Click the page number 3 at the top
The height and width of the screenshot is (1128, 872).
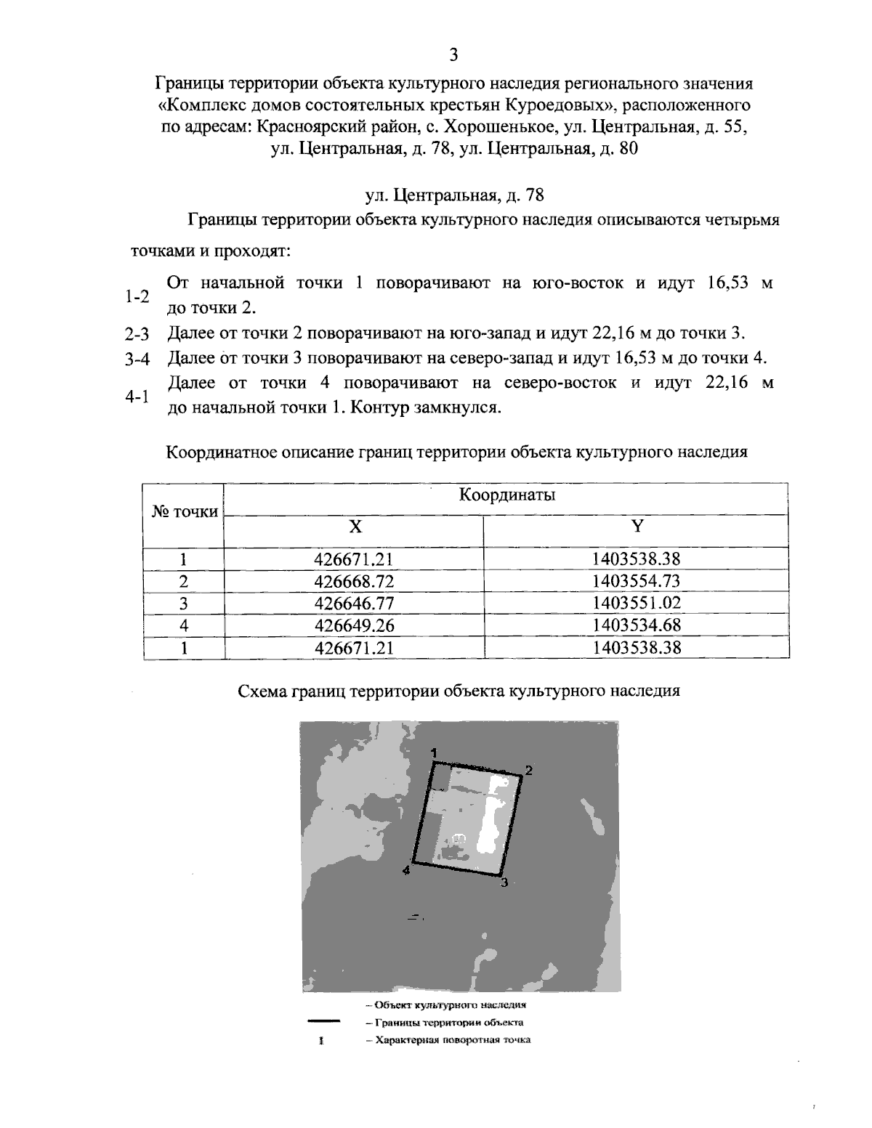pos(453,55)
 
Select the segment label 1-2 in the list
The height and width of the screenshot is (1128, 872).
pos(137,296)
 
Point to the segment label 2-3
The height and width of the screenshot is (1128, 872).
pos(137,334)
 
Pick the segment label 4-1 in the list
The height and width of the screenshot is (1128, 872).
pos(137,397)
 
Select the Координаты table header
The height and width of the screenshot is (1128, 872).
pos(506,495)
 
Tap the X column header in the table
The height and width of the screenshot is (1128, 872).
pos(354,527)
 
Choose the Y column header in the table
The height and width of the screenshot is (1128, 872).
pos(637,527)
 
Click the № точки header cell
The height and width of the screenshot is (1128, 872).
pos(185,512)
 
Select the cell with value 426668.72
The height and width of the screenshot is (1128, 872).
pos(354,582)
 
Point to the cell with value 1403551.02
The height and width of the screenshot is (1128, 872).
pos(637,604)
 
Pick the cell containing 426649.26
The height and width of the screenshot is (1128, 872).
pos(354,625)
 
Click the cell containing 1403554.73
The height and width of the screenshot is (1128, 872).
pos(637,582)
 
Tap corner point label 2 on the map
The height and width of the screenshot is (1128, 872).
pos(529,771)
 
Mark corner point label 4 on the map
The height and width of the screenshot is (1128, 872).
pos(407,870)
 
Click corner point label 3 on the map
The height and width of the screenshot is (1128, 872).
pos(504,883)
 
